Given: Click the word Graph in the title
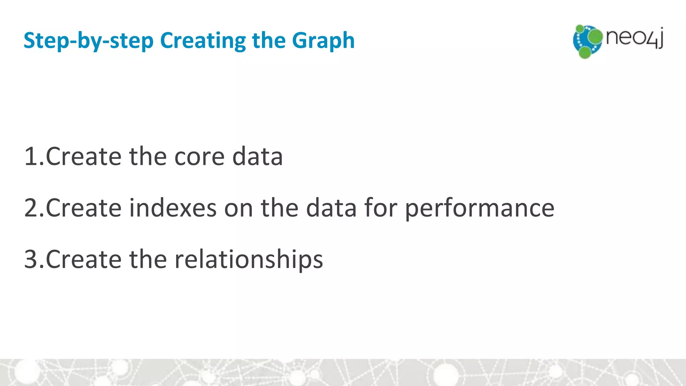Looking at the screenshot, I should coord(323,41).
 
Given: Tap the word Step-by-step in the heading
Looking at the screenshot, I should coord(88,41).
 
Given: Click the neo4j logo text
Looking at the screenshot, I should coord(634,38).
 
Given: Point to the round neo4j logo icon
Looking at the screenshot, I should coord(587,41).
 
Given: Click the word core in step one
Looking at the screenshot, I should coord(199,156).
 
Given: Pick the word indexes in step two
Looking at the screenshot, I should coord(173,208).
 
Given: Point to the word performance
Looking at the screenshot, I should coord(479,208).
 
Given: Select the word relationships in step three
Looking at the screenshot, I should coord(249,259).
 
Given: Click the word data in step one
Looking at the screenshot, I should coord(257,156).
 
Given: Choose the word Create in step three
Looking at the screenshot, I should coord(83,259).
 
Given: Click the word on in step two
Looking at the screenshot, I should coord(238,208).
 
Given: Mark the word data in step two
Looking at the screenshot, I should coord(331,208).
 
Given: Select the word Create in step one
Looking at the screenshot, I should coord(83,156).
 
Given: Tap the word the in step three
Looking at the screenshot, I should coord(148,259).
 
